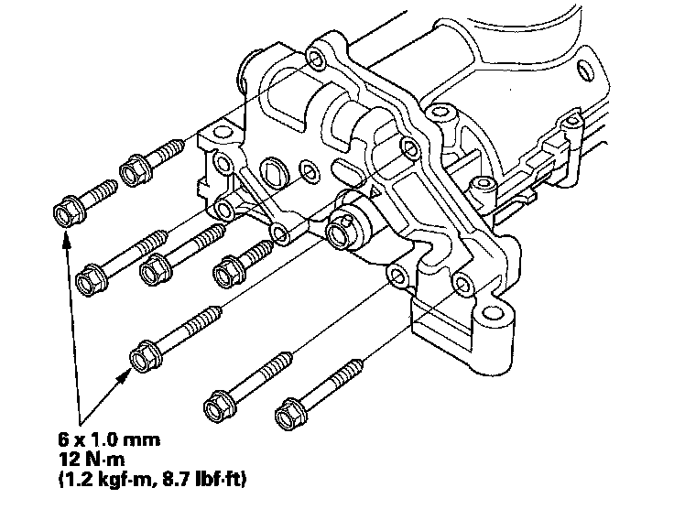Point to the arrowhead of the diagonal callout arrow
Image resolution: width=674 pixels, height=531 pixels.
[128, 373]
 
